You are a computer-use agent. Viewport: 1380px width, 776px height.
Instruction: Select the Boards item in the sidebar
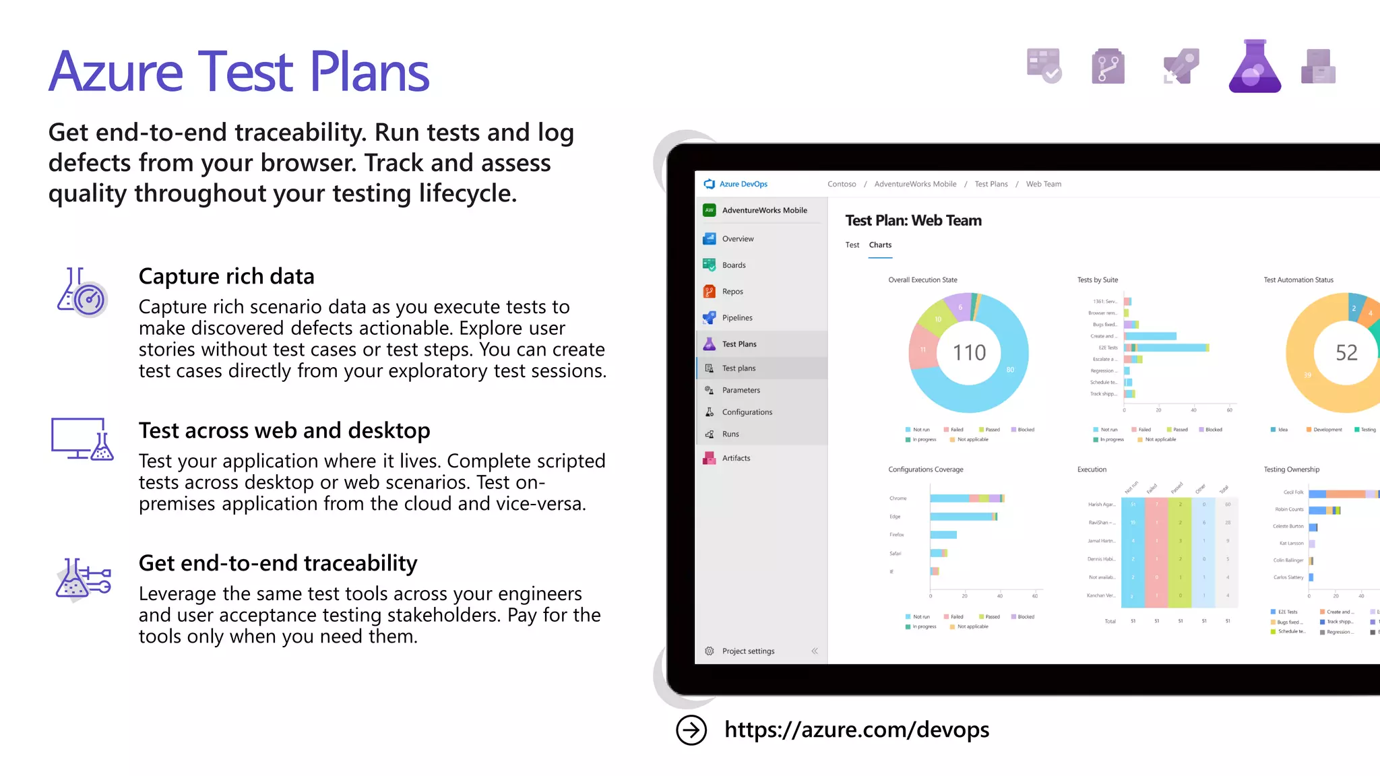click(733, 265)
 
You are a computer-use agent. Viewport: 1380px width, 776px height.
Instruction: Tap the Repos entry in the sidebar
click(732, 292)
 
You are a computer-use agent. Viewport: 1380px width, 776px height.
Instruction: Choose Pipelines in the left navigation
click(736, 318)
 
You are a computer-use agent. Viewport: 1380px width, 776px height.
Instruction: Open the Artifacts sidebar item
click(735, 458)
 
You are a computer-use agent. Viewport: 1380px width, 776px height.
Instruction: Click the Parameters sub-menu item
click(741, 390)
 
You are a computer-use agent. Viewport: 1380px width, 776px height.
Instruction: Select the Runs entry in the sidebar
click(730, 434)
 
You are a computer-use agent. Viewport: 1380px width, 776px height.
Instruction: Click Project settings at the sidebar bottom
click(747, 651)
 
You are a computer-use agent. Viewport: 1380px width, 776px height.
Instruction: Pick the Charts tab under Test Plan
click(880, 245)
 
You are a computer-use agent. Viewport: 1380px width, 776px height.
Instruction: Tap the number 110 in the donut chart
click(969, 352)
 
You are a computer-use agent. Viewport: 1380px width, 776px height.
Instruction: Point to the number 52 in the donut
click(1346, 352)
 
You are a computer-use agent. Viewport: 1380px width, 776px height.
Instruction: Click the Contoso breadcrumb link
click(842, 184)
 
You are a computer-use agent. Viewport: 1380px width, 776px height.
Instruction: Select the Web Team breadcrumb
click(1043, 184)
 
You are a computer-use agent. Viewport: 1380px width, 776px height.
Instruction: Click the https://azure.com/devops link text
click(856, 730)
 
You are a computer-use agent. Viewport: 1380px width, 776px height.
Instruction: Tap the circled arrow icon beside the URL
click(691, 730)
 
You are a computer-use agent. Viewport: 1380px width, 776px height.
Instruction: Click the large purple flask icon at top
click(1255, 67)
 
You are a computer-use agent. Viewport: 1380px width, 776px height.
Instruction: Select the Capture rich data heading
click(226, 277)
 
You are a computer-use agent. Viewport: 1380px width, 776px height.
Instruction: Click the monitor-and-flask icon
click(82, 439)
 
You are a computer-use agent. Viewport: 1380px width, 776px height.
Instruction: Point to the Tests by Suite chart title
click(1097, 280)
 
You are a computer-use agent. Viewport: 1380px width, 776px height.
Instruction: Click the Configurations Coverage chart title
click(925, 470)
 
